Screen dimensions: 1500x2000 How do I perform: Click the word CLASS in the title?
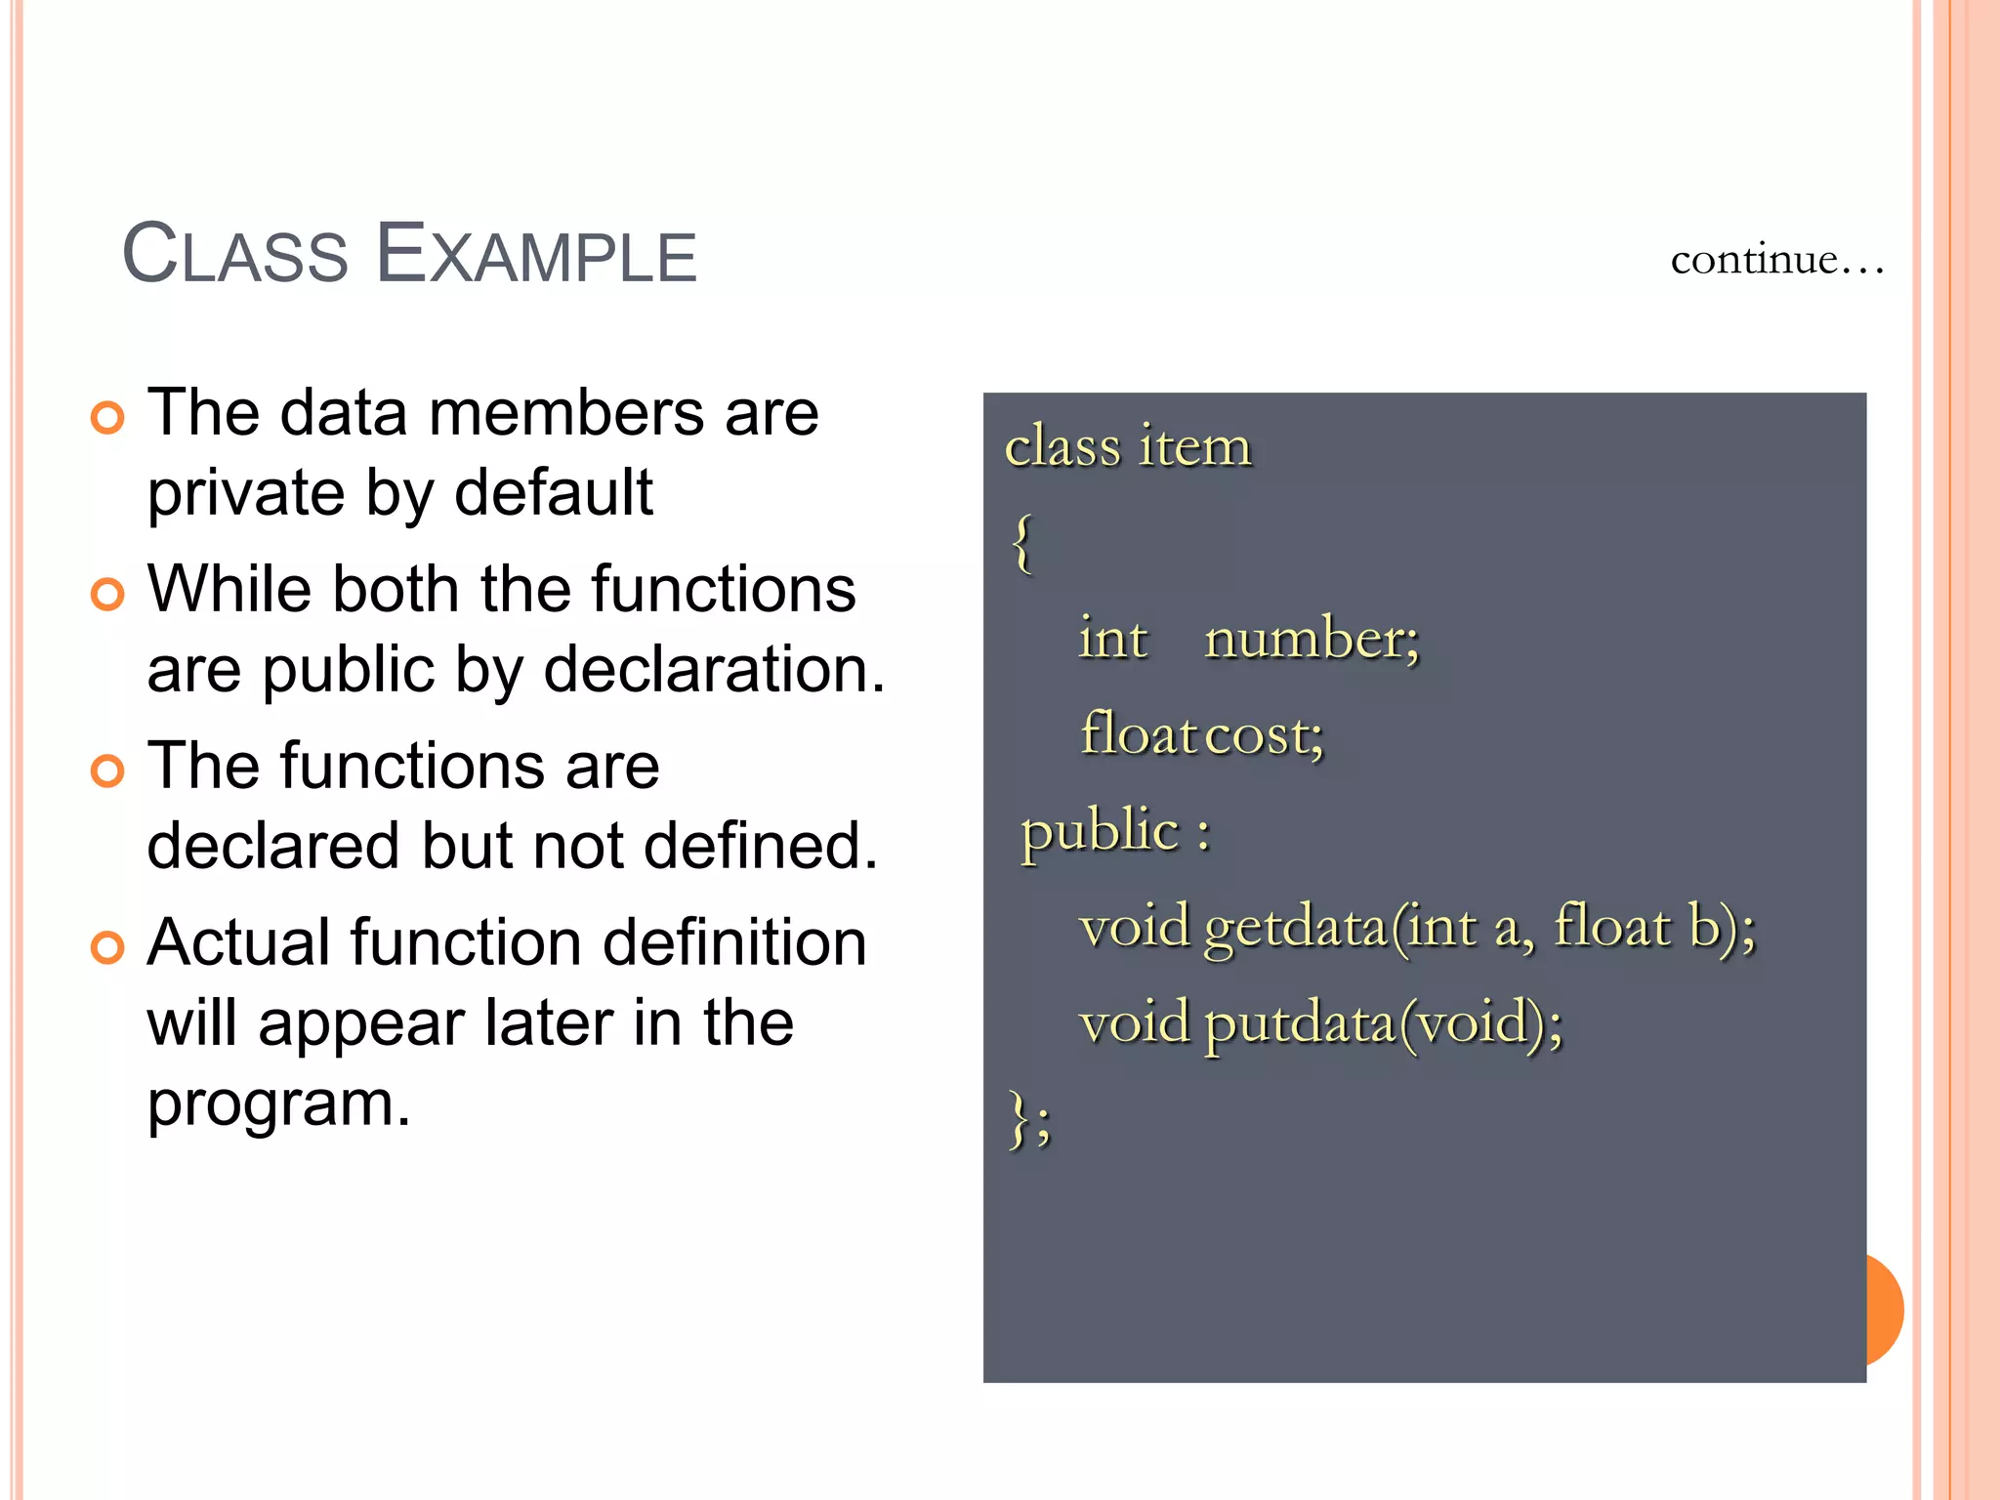234,255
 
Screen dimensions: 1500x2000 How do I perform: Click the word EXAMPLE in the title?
536,255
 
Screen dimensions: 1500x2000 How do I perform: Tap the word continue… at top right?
1775,260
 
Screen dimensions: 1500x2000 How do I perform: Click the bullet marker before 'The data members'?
107,418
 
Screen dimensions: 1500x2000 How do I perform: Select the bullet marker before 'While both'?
107,594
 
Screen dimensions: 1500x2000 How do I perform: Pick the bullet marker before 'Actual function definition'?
107,947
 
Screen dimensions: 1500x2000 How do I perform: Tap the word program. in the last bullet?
278,1104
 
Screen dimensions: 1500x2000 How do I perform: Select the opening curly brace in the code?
1021,543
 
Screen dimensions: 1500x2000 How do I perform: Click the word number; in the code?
1312,640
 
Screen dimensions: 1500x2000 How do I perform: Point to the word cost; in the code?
1265,735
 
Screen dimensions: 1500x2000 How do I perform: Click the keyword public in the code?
1101,832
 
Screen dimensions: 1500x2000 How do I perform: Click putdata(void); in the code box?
1383,1023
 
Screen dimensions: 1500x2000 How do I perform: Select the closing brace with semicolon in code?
1029,1119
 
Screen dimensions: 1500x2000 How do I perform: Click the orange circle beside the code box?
1886,1310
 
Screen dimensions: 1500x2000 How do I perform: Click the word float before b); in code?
1611,926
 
